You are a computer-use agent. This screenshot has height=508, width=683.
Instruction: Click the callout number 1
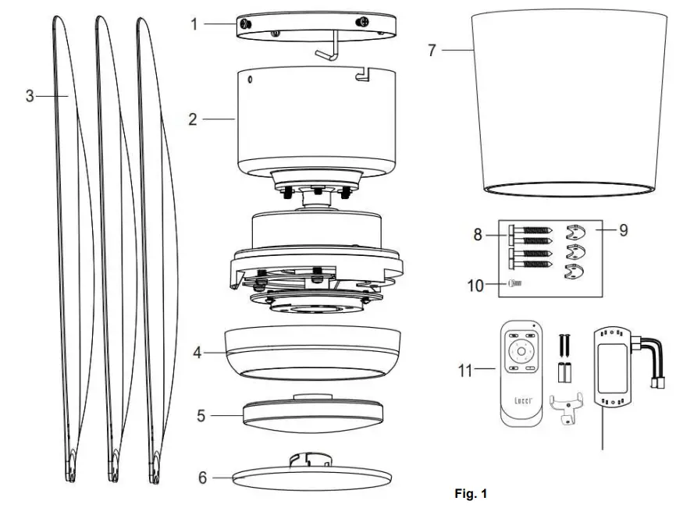(195, 24)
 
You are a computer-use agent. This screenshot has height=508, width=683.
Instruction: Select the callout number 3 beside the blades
(30, 96)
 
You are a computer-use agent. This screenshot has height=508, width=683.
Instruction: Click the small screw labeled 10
(514, 285)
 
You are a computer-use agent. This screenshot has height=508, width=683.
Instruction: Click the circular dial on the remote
(520, 353)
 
